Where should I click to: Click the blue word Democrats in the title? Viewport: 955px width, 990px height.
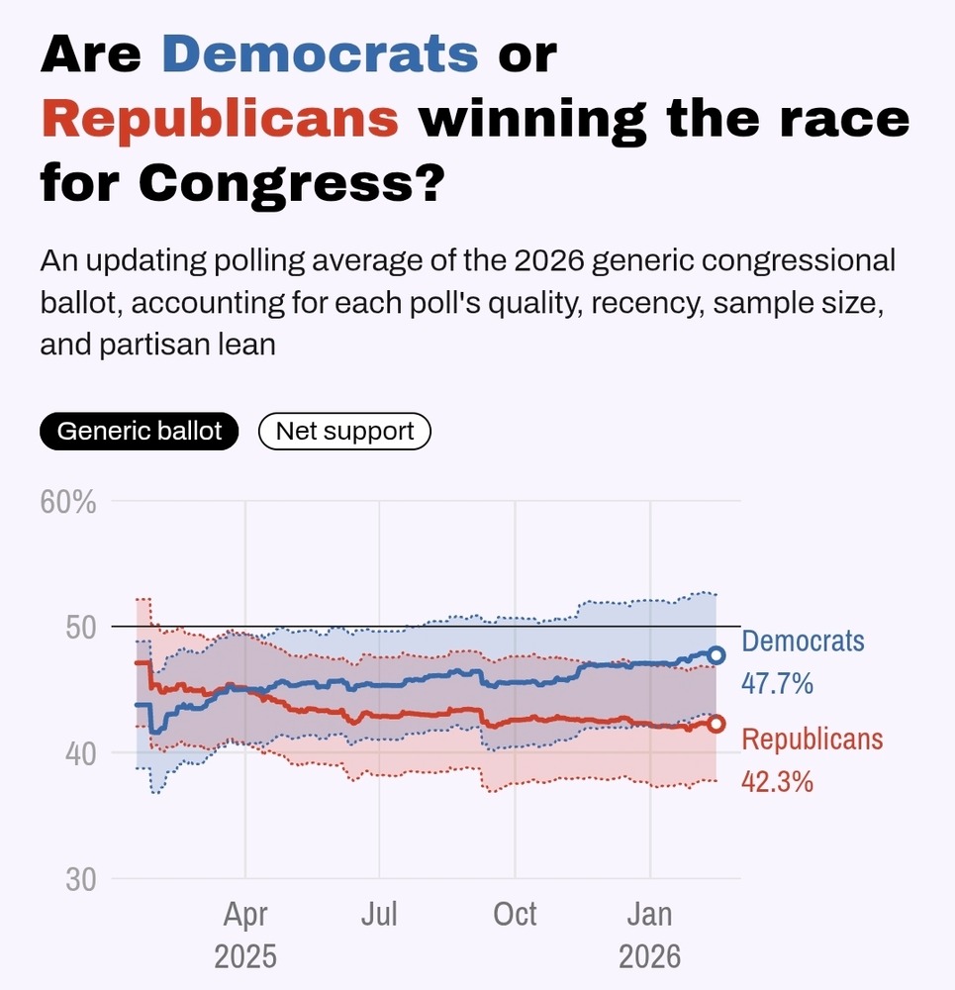pyautogui.click(x=321, y=54)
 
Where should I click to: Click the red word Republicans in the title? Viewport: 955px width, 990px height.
pyautogui.click(x=220, y=119)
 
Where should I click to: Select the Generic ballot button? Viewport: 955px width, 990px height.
pyautogui.click(x=140, y=432)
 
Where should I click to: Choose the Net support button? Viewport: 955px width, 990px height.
pyautogui.click(x=344, y=432)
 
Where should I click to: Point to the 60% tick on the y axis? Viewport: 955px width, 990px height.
pyautogui.click(x=68, y=502)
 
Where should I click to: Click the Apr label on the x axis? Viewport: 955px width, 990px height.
pyautogui.click(x=245, y=914)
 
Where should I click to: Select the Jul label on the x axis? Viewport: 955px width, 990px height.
pyautogui.click(x=379, y=914)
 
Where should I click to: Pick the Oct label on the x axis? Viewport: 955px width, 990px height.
pyautogui.click(x=515, y=914)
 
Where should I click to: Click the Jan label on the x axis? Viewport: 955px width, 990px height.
pyautogui.click(x=650, y=914)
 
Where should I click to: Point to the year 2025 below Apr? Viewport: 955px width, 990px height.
pyautogui.click(x=245, y=956)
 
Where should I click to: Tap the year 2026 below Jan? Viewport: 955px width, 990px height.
pyautogui.click(x=650, y=956)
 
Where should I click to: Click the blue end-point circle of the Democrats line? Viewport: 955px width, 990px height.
pyautogui.click(x=716, y=655)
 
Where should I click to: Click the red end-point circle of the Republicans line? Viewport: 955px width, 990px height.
pyautogui.click(x=716, y=724)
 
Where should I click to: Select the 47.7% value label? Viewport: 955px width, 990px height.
pyautogui.click(x=778, y=683)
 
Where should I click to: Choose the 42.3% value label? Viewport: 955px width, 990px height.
pyautogui.click(x=778, y=781)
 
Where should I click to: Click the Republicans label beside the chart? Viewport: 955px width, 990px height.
pyautogui.click(x=812, y=739)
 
